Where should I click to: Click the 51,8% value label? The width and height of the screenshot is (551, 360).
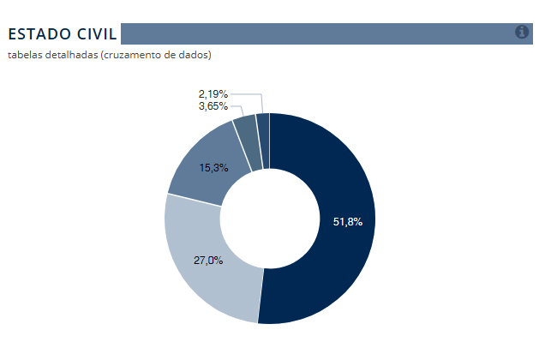(x=348, y=222)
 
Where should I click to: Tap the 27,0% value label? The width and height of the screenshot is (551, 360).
(x=209, y=260)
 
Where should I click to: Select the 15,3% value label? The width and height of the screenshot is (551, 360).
(x=213, y=168)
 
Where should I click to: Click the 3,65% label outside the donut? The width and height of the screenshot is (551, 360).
(x=213, y=106)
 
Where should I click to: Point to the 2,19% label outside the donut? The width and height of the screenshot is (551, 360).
(x=213, y=93)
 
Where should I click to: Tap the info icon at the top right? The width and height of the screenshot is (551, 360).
(x=522, y=32)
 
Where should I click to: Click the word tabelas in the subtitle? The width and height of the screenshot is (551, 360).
(x=24, y=56)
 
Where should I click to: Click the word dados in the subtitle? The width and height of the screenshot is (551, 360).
(x=191, y=56)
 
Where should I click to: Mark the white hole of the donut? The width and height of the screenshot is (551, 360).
(x=269, y=219)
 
